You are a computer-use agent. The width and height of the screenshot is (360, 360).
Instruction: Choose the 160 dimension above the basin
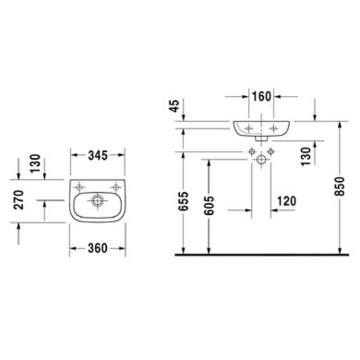click(262, 96)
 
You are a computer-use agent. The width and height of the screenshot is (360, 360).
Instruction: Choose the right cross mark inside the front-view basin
click(274, 127)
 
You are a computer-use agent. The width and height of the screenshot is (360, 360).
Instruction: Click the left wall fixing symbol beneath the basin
click(251, 152)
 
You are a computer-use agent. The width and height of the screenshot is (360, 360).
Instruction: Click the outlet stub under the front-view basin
click(261, 138)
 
